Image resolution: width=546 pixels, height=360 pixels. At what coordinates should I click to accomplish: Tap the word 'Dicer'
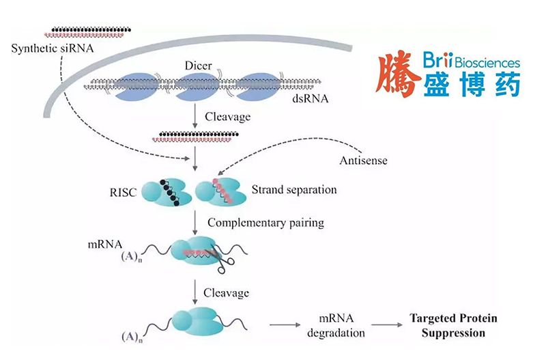(199, 66)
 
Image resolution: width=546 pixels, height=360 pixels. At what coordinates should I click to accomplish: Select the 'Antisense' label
(363, 161)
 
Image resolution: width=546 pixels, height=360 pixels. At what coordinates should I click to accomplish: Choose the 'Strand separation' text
(294, 189)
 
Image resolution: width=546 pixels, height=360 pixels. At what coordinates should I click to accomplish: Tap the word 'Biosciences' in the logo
(487, 63)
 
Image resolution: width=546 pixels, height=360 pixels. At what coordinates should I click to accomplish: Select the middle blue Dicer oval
(197, 87)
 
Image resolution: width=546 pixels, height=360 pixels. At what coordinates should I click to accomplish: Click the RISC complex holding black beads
(165, 192)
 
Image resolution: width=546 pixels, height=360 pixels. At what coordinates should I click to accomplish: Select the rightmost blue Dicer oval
(259, 87)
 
